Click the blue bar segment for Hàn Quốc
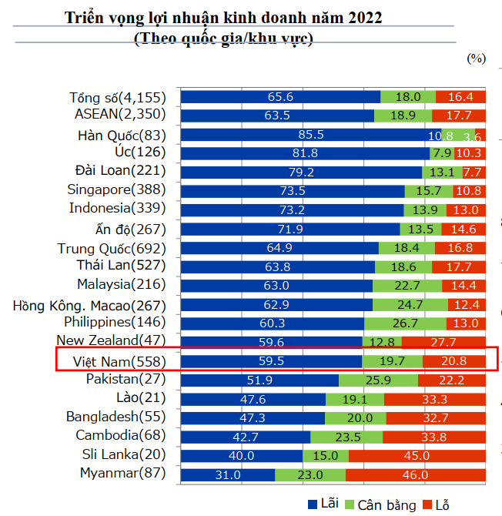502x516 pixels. click(x=315, y=135)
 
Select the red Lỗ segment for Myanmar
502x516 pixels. click(x=416, y=474)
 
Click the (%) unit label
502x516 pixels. click(x=476, y=58)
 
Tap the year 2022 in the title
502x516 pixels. click(x=360, y=16)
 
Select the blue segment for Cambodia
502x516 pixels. click(x=245, y=437)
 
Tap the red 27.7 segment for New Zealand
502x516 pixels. click(x=443, y=341)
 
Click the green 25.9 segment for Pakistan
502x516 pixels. click(x=378, y=380)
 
